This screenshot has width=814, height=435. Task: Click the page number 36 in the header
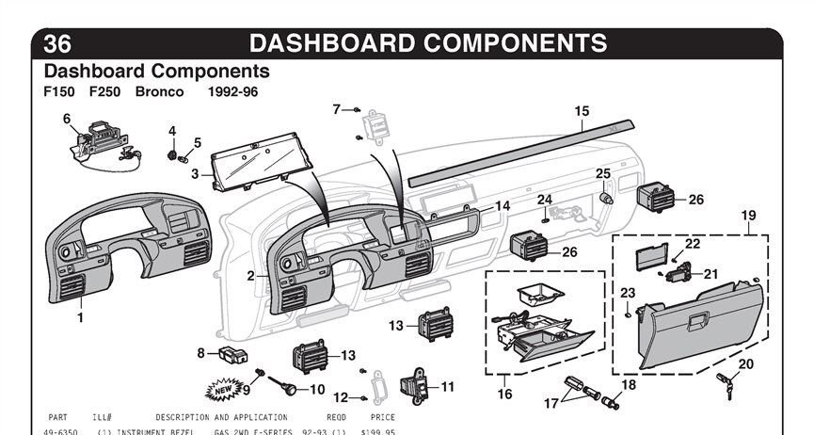(x=57, y=43)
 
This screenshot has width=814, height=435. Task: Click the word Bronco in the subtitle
(x=159, y=92)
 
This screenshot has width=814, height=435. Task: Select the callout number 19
(x=748, y=216)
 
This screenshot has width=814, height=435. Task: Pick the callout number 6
(x=67, y=119)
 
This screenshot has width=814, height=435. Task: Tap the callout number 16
(x=505, y=394)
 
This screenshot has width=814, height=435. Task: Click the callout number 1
(x=80, y=317)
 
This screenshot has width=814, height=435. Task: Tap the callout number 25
(x=603, y=173)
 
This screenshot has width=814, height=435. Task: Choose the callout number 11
(x=447, y=386)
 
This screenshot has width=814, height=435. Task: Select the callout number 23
(x=628, y=292)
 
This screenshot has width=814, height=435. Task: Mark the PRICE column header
(x=382, y=417)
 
